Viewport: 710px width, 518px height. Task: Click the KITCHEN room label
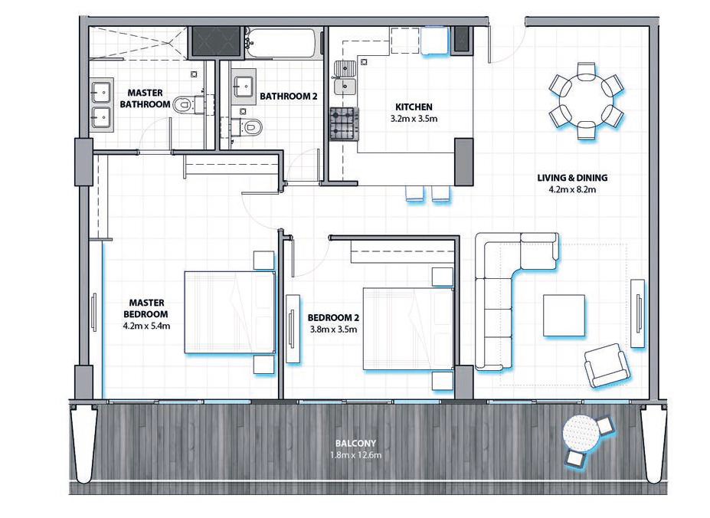tap(414, 107)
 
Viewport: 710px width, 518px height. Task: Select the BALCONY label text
tap(355, 444)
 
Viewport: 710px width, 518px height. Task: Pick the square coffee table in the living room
tap(565, 315)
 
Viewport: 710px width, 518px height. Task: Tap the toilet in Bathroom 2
tap(250, 126)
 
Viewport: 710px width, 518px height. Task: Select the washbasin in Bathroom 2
tap(245, 87)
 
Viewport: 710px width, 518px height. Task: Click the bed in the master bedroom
tap(229, 313)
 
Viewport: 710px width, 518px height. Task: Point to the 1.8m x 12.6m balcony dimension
tap(355, 455)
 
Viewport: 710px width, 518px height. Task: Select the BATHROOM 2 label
tap(288, 97)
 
